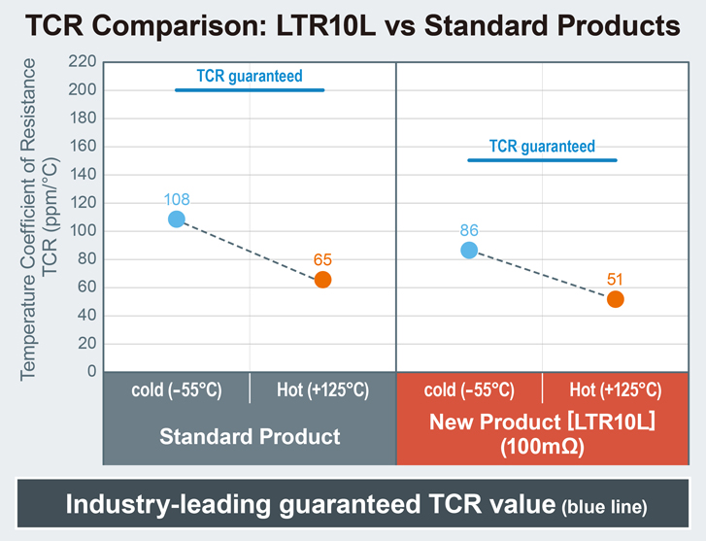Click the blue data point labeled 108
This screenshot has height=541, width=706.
(x=177, y=219)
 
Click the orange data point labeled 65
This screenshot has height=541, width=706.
(x=323, y=280)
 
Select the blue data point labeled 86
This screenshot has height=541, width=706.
(x=469, y=250)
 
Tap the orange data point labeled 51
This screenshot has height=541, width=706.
(x=615, y=299)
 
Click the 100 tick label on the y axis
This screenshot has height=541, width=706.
(x=84, y=231)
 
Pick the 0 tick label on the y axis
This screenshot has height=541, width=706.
(x=91, y=372)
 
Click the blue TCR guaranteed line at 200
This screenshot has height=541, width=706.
(x=250, y=90)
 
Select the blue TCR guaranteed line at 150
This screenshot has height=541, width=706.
(x=542, y=160)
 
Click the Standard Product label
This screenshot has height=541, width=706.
(x=250, y=436)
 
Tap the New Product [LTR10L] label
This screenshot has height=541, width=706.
(x=542, y=423)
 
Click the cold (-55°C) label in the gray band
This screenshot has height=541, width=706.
(x=177, y=390)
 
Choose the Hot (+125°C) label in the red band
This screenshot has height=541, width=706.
(x=615, y=390)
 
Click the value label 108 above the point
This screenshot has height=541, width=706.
(x=177, y=199)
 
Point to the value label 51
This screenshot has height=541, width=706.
(x=615, y=280)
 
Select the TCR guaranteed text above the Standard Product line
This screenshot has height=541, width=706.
(x=250, y=75)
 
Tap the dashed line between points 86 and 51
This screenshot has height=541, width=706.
(x=542, y=275)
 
